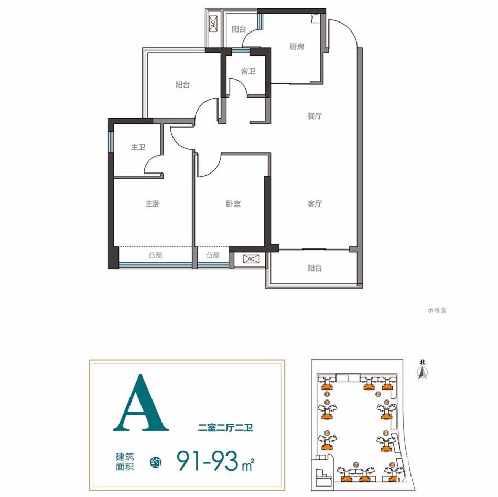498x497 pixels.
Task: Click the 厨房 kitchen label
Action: coord(296,47)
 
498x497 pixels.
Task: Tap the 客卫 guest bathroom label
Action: coord(248,71)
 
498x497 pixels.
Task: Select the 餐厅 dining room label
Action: coord(315,116)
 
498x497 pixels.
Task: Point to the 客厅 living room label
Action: coord(315,203)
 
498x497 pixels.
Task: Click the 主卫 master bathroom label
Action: coord(138,147)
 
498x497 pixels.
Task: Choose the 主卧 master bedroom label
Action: coord(153,203)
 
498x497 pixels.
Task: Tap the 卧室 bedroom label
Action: coord(233,203)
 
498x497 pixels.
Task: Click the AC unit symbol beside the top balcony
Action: coord(213,23)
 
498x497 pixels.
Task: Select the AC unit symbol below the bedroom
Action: coord(251,259)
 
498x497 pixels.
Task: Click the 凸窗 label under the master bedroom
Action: coord(156,255)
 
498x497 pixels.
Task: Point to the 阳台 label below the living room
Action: coord(315,268)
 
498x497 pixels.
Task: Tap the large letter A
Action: coord(140,403)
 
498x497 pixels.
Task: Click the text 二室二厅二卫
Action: coord(225,428)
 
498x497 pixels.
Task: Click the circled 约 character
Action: coord(156,462)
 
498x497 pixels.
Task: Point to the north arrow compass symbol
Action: coord(422,372)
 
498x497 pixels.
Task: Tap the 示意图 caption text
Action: coord(437,310)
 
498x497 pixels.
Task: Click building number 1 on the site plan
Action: coord(327,394)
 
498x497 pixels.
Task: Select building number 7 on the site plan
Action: coord(356,464)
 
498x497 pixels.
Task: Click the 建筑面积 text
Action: coord(125,462)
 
